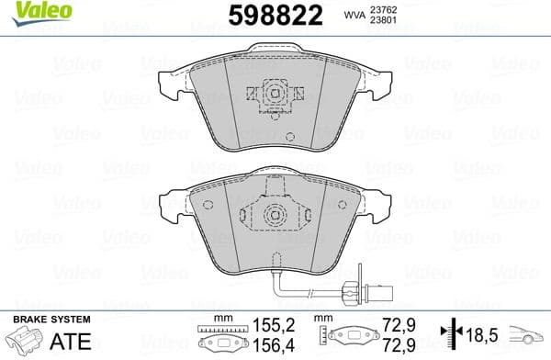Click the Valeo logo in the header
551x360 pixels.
[29, 12]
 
